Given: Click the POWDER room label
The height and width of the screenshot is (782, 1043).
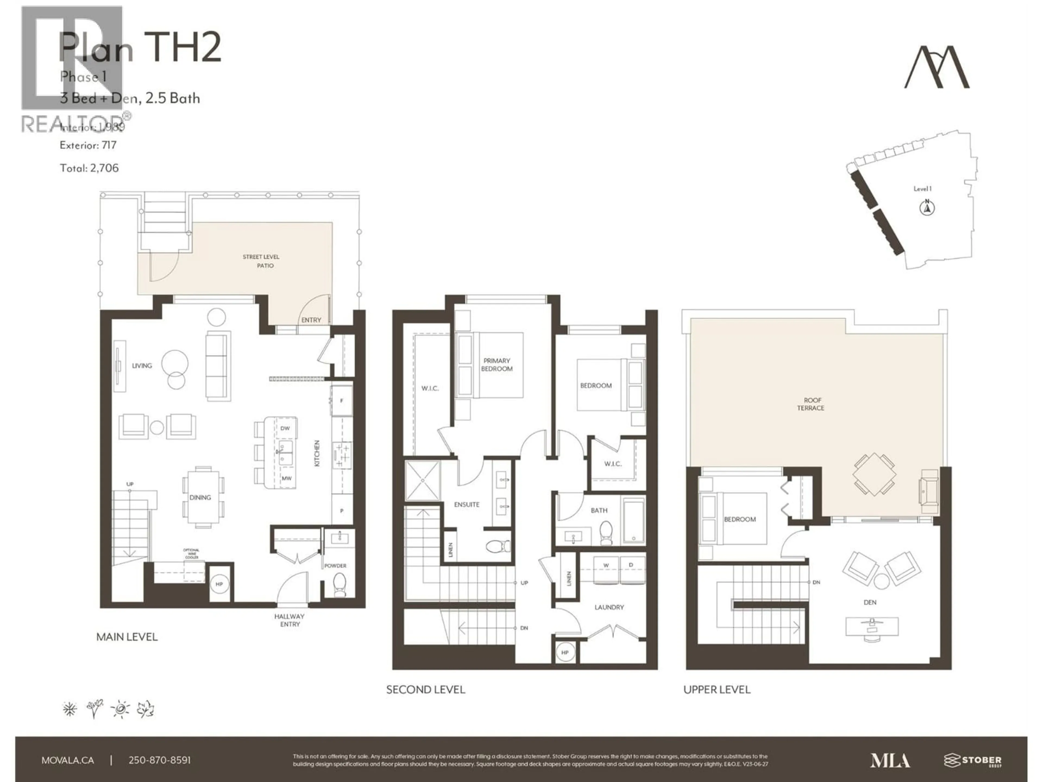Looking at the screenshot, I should (335, 566).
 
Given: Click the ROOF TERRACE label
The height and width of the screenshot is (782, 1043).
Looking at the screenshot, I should (810, 404).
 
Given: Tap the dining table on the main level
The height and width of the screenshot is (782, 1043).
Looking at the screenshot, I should (203, 497).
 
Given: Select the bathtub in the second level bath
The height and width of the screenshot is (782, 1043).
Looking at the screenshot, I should (634, 521).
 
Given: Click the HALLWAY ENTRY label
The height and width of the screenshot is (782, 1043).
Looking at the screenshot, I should (290, 620).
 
